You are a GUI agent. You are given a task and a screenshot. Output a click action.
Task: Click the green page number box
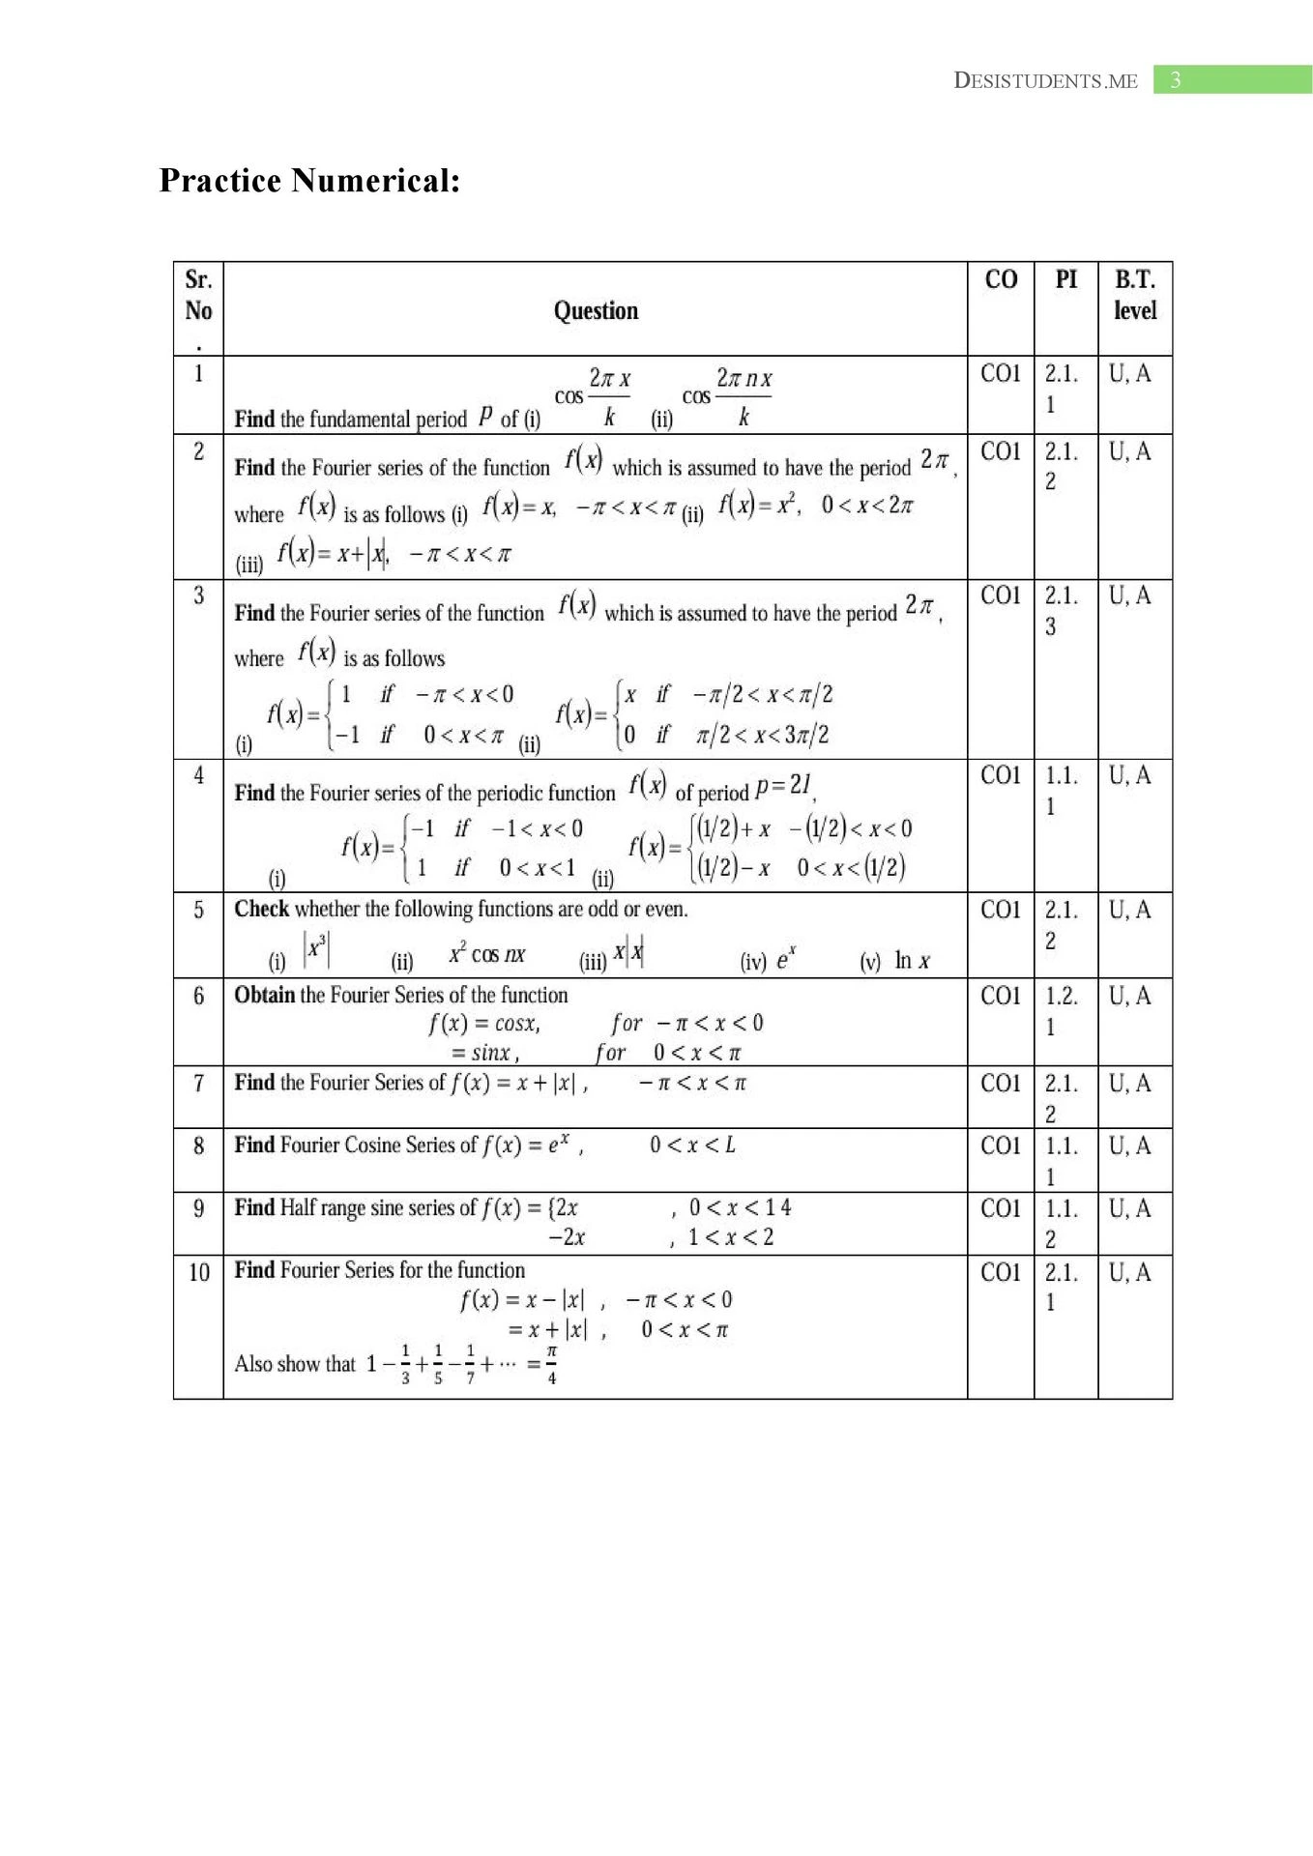pyautogui.click(x=1232, y=80)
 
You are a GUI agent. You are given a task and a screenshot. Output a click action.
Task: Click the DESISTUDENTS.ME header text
pyautogui.click(x=1045, y=81)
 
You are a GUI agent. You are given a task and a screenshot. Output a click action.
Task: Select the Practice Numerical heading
pyautogui.click(x=309, y=181)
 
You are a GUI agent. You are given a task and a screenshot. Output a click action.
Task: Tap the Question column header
pyautogui.click(x=596, y=310)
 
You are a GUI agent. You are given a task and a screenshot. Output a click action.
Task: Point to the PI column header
pyautogui.click(x=1065, y=280)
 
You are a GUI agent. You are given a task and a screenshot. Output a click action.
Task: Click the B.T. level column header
pyautogui.click(x=1134, y=295)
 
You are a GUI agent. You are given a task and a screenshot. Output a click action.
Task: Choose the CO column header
pyautogui.click(x=1001, y=280)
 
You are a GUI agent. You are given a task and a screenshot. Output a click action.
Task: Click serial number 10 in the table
pyautogui.click(x=198, y=1272)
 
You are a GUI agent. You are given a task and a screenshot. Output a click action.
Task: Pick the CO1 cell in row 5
pyautogui.click(x=1001, y=910)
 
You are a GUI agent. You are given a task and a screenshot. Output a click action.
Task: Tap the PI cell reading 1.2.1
pyautogui.click(x=1061, y=1010)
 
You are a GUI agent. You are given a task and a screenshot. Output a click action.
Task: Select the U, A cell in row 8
pyautogui.click(x=1129, y=1146)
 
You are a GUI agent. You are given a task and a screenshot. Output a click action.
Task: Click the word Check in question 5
pyautogui.click(x=261, y=910)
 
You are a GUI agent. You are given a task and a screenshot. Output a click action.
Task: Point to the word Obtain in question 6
pyautogui.click(x=264, y=996)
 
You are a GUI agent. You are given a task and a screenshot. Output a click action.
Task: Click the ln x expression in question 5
pyautogui.click(x=912, y=960)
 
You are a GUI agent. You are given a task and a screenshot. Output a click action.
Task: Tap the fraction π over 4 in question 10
pyautogui.click(x=551, y=1364)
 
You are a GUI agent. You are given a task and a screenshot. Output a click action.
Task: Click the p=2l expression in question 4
pyautogui.click(x=783, y=786)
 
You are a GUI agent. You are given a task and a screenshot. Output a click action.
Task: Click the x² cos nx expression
pyautogui.click(x=486, y=955)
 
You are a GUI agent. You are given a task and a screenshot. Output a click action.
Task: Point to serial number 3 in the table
pyautogui.click(x=198, y=595)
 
